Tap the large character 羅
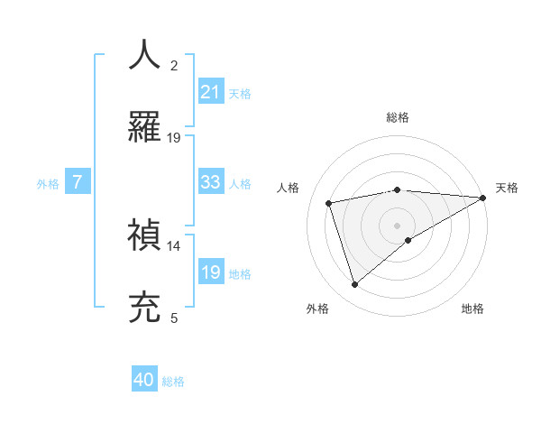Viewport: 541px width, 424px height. coord(145,127)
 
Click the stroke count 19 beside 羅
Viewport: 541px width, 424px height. coord(174,138)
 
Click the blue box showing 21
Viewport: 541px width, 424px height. coord(211,92)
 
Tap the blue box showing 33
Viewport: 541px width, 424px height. coord(211,182)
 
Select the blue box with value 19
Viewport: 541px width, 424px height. coord(211,272)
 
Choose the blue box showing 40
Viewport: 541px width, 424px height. coord(144,381)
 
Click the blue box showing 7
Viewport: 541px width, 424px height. coord(78,182)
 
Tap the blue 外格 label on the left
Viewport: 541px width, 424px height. coord(48,183)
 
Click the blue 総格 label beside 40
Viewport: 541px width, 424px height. coord(173,382)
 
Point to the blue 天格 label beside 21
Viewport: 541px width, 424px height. coord(240,93)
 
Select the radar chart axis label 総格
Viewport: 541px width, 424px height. coord(398,117)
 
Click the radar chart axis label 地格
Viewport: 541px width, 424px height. coord(472,309)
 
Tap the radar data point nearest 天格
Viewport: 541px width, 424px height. coord(483,198)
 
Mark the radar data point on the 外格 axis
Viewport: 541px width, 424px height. coord(354,285)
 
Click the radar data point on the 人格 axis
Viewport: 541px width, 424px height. coord(329,202)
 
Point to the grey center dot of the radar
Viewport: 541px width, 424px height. coord(398,225)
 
